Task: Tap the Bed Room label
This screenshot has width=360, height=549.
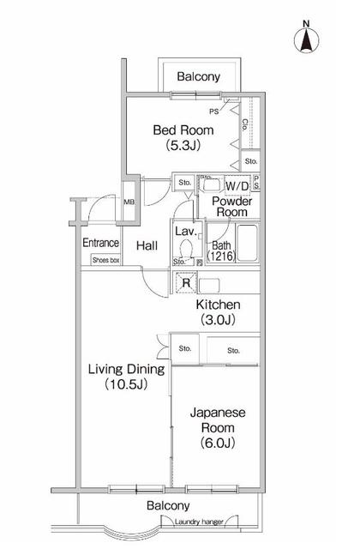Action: [x=183, y=130]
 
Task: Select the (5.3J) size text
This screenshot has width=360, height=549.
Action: [x=183, y=147]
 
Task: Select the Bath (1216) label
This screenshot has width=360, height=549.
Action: [x=222, y=250]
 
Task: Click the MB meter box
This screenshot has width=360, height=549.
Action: [x=129, y=202]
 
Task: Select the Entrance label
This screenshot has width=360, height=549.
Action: [x=100, y=243]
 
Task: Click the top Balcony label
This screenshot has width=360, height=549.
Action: [x=198, y=77]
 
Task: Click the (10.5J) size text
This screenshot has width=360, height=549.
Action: [x=125, y=384]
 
